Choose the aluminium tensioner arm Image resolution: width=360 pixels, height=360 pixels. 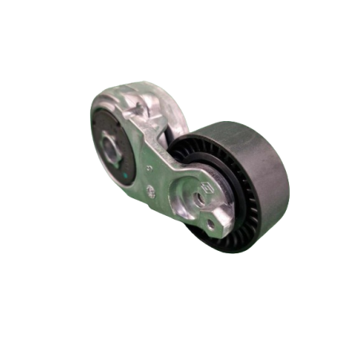[x=171, y=179]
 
